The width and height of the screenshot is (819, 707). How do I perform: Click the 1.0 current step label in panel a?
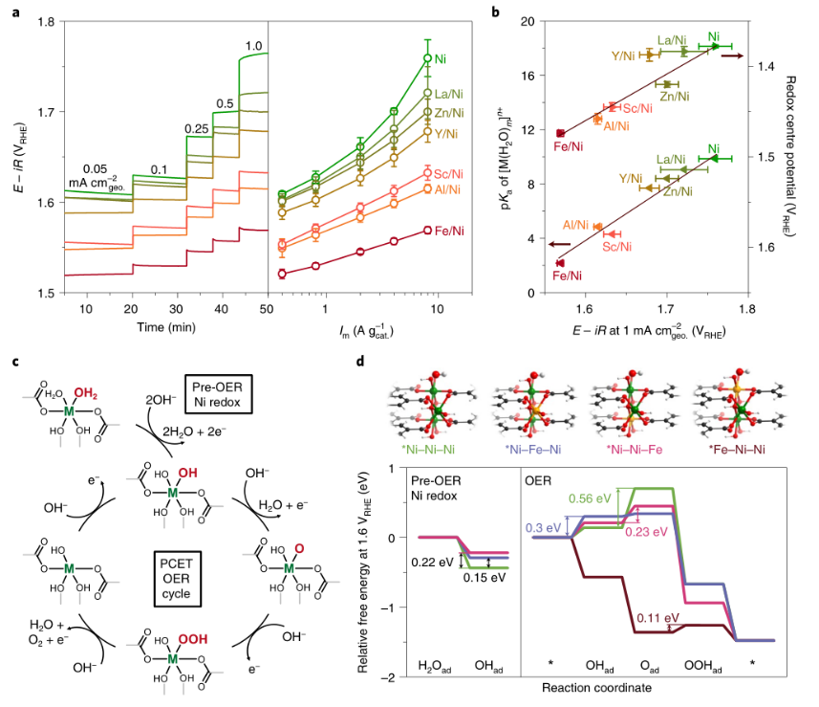[252, 46]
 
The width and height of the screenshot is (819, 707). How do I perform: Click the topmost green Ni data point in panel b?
[714, 46]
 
